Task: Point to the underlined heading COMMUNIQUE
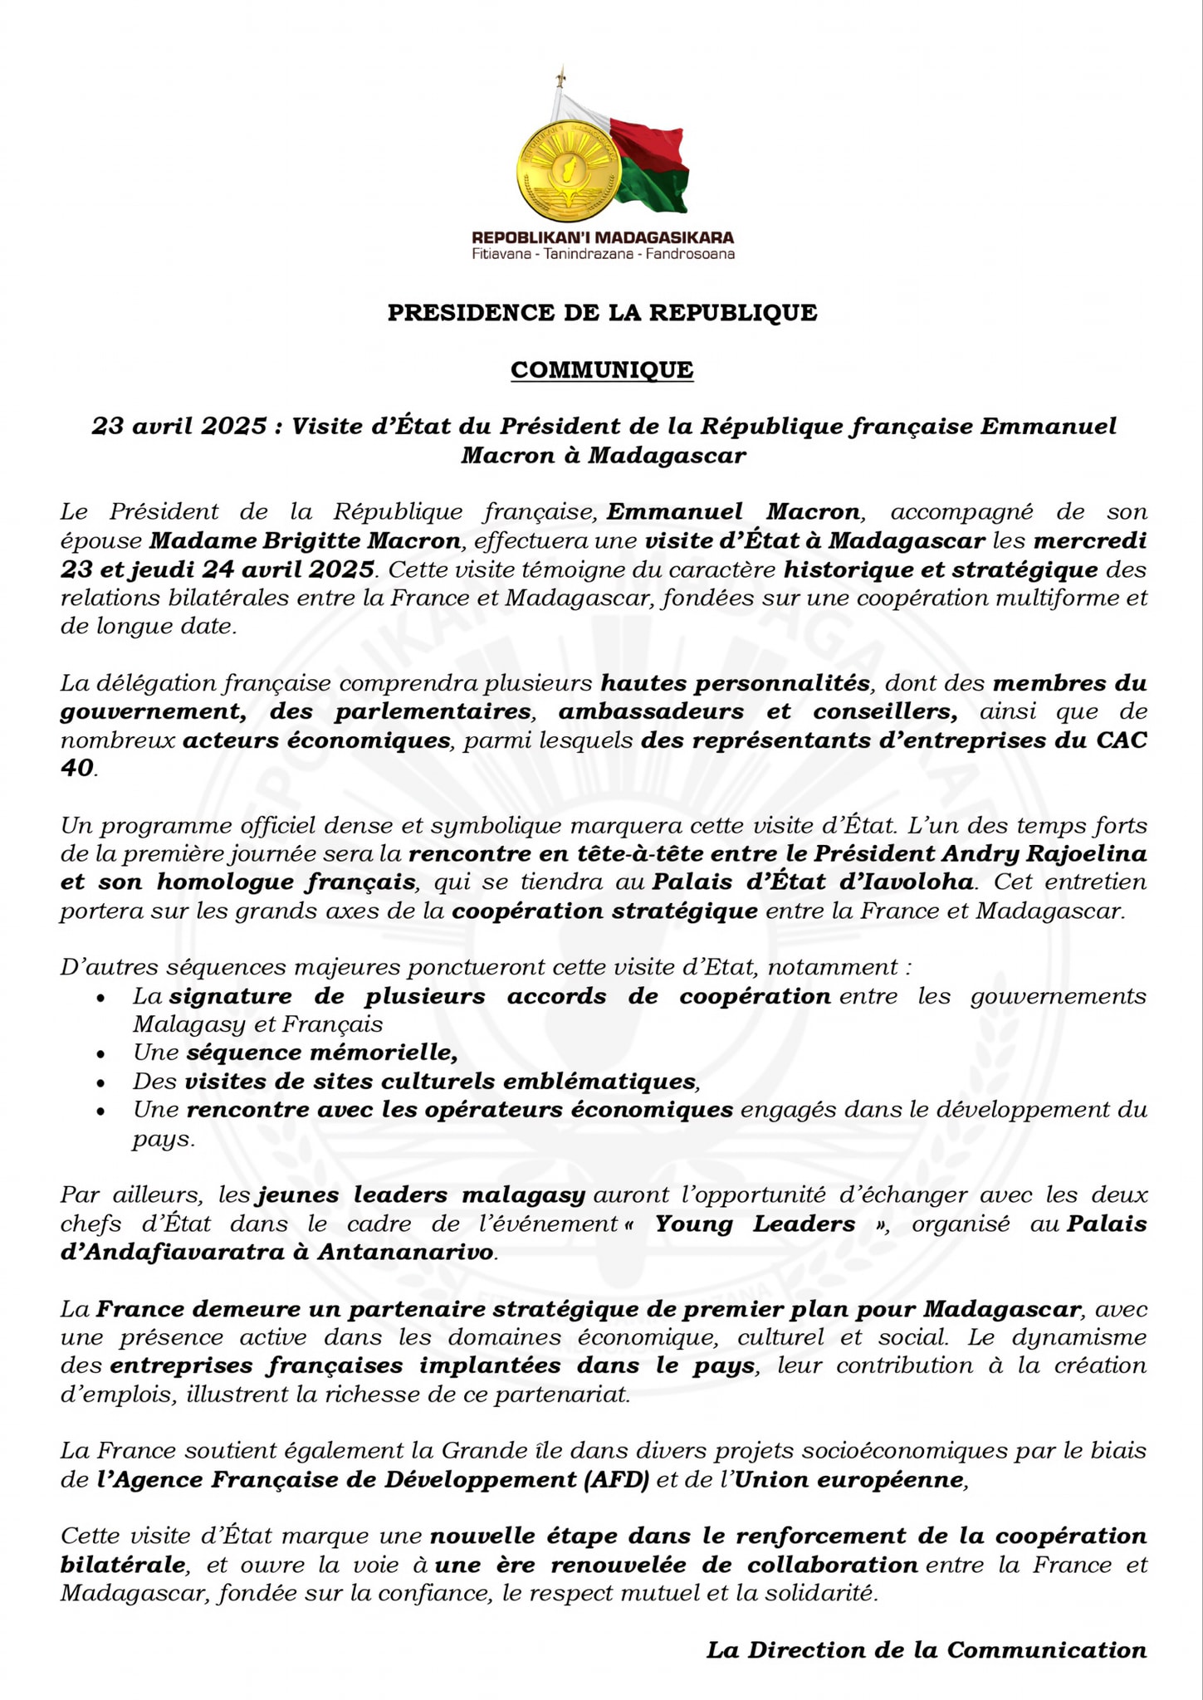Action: point(602,369)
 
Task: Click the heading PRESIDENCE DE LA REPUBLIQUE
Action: point(602,313)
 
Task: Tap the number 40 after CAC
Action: point(77,769)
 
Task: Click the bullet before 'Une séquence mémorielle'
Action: point(100,1054)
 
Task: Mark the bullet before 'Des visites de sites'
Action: point(100,1082)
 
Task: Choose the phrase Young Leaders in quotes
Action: point(755,1224)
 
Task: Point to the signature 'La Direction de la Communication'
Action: point(927,1650)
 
